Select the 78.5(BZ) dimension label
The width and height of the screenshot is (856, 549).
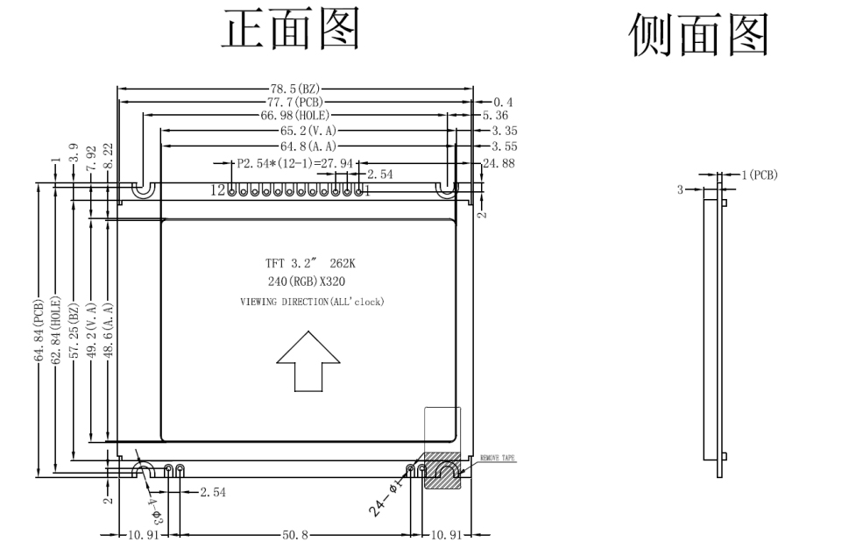295,89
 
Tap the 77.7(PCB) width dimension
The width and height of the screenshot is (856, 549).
295,102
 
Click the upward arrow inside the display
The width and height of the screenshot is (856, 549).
308,360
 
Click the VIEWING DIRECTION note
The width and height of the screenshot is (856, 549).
313,302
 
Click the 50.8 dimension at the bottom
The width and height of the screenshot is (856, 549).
295,534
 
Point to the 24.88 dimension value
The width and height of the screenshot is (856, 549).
499,163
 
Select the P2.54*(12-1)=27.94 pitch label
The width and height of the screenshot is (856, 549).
295,163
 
